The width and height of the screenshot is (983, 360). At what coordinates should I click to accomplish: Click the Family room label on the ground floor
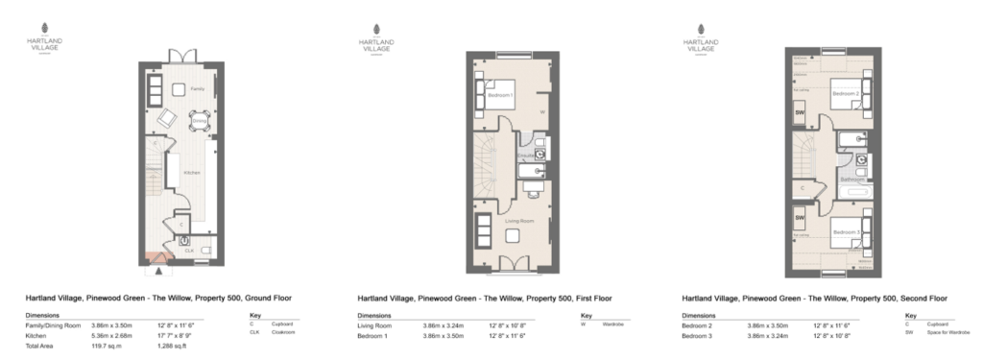[x=197, y=88]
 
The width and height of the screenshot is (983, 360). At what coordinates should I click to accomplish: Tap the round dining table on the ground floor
[x=200, y=122]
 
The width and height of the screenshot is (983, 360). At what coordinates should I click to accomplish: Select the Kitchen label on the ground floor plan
[x=191, y=172]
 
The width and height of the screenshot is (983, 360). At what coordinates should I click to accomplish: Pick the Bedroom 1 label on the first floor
[x=501, y=96]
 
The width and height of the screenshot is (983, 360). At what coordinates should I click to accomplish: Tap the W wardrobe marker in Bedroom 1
[x=542, y=111]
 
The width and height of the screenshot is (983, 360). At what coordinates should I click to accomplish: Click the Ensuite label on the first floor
[x=525, y=154]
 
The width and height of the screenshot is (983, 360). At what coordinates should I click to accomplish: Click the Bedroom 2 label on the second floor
[x=845, y=94]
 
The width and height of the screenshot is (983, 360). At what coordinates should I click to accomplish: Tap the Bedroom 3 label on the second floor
[x=845, y=233]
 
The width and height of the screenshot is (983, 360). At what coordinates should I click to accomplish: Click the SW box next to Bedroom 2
[x=800, y=113]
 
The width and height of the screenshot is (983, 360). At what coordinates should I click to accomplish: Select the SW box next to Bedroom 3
[x=800, y=218]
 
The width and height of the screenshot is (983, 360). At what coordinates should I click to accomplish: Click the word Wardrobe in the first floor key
[x=614, y=324]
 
